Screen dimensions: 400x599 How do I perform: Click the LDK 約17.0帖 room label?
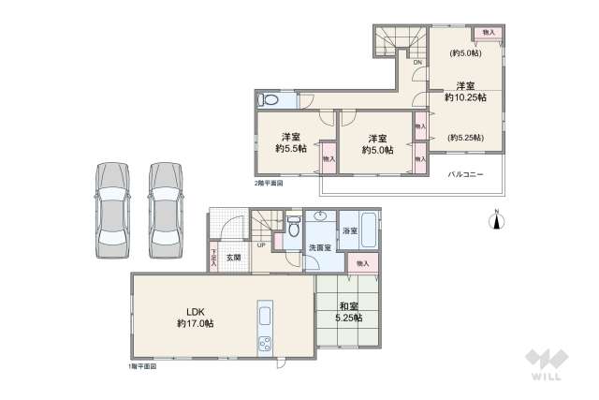tap(197, 317)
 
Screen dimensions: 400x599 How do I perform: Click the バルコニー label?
tap(464, 175)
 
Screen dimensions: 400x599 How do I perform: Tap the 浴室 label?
tap(354, 230)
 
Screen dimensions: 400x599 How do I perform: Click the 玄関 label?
tap(233, 257)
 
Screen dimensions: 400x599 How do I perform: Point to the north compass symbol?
tap(497, 219)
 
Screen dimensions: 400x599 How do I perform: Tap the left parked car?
tap(111, 208)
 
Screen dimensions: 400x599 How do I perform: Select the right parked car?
tap(168, 208)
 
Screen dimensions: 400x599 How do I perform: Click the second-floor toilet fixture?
tap(270, 98)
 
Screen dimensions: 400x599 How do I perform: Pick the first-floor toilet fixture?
tap(294, 226)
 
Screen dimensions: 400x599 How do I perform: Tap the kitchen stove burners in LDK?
tap(263, 342)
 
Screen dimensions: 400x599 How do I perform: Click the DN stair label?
tap(417, 63)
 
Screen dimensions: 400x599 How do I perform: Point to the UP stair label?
tap(261, 245)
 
